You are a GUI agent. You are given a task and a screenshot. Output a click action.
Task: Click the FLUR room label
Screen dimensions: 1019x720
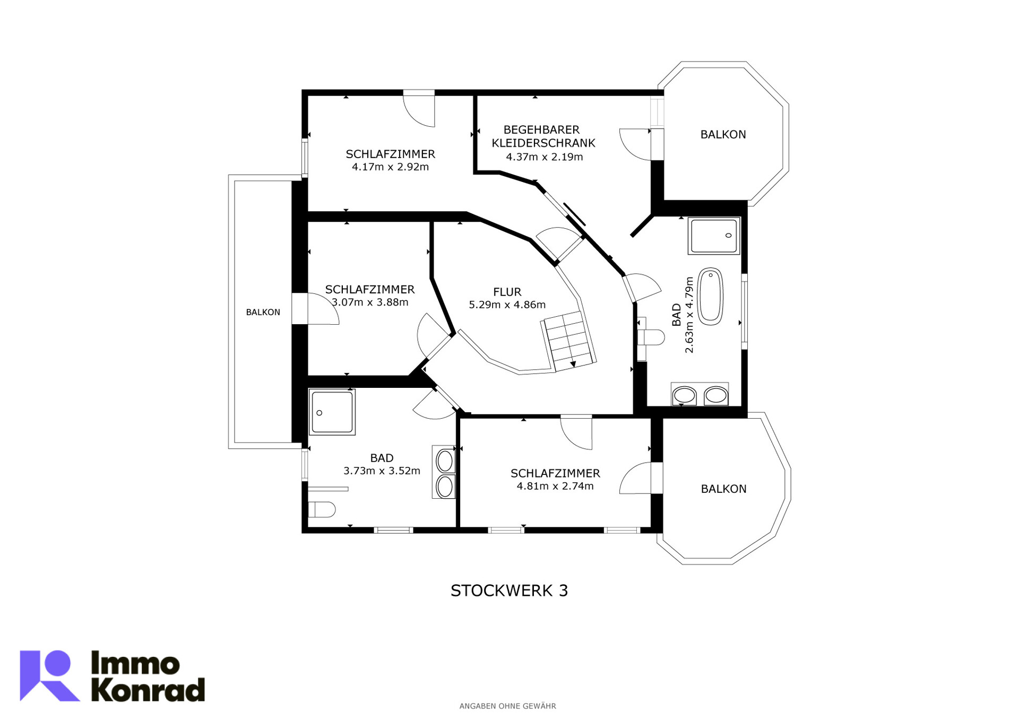coord(507,292)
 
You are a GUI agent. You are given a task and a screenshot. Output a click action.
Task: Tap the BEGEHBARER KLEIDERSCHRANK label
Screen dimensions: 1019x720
coord(543,136)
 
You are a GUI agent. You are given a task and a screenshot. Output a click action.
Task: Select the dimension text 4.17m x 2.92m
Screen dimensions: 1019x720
coord(390,167)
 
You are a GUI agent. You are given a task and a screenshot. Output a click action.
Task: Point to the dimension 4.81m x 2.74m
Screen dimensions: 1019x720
coord(555,486)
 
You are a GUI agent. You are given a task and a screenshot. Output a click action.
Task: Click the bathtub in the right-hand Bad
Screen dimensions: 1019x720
coord(710,297)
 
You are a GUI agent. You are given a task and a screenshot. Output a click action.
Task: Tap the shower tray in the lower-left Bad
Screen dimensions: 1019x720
coord(332,412)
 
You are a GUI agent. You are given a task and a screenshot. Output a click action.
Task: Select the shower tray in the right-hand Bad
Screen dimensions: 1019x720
coord(714,236)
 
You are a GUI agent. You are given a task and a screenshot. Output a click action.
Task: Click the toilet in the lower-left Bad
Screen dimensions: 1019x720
coord(322,510)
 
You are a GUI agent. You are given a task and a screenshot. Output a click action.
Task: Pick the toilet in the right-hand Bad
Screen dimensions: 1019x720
coord(651,337)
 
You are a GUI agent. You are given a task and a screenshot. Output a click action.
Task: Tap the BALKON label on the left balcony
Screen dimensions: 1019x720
coord(263,313)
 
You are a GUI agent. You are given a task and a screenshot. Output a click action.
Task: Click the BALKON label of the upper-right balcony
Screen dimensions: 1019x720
coord(723,135)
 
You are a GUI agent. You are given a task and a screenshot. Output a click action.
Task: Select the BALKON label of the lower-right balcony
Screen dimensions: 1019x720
coord(723,489)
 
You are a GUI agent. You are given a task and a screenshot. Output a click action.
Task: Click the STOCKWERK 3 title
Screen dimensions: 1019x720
coord(509,591)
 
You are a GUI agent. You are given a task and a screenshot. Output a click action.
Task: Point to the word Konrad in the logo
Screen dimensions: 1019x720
coord(148,690)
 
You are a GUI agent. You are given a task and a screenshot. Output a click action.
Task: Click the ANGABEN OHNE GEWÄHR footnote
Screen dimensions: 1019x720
coord(507,706)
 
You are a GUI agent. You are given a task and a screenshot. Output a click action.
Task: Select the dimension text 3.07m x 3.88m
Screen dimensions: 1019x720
coord(370,302)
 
